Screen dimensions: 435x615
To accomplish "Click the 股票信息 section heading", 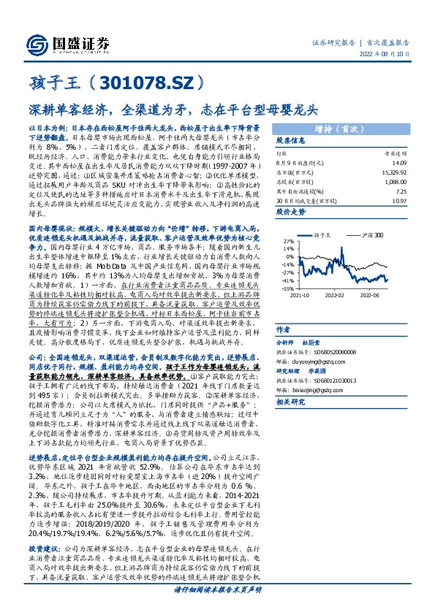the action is [x=291, y=141].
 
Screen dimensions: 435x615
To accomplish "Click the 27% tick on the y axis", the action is [x=289, y=240].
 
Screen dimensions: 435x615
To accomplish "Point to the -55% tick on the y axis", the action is [x=288, y=288].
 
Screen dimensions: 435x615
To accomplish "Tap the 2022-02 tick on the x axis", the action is [x=335, y=297].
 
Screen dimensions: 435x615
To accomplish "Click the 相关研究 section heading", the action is [x=291, y=402].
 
